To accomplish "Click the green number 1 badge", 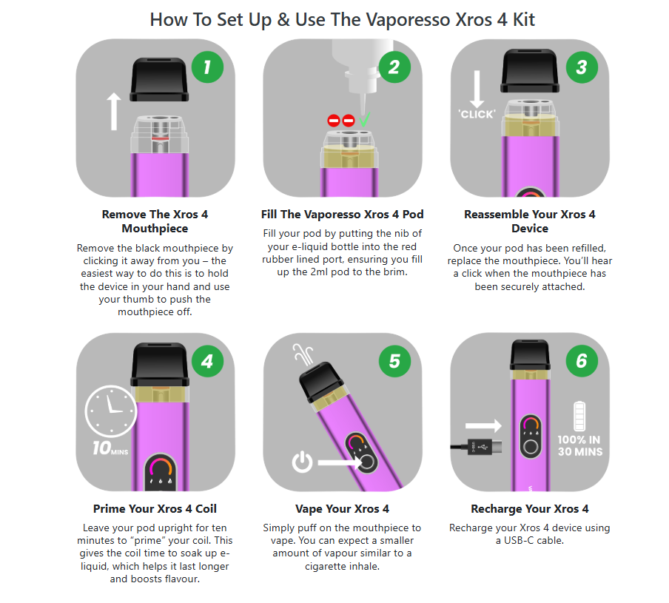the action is pos(207,67).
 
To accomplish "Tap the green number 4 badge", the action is pos(207,361).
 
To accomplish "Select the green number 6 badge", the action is pos(582,361).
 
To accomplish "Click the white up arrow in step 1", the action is pos(113,112).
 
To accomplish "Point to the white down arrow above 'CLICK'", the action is pos(477,89).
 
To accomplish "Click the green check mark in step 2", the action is pos(364,120).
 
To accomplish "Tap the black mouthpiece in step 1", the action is pos(159,79).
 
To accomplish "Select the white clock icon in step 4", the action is pos(111,411).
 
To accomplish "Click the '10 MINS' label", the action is pos(110,448).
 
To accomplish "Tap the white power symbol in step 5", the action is pos(302,462).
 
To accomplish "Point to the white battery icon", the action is pos(579,417).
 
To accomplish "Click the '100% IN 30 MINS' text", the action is pos(580,445).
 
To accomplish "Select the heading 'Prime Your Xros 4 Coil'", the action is pos(155,509).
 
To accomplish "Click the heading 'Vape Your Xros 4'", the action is pos(342,509).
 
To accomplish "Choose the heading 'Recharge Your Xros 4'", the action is pos(530,509).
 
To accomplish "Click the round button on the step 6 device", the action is pos(531,447).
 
